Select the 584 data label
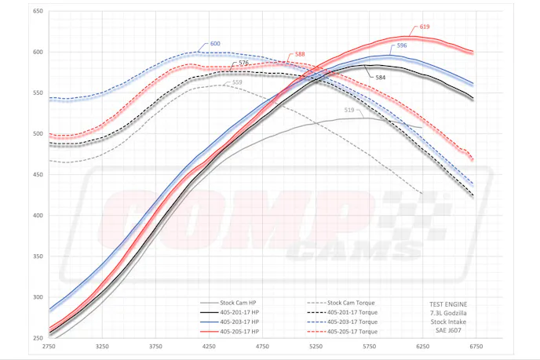pos(380,78)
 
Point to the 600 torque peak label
pos(215,44)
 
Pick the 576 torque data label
pos(243,63)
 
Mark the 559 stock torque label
pos(236,82)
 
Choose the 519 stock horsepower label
pos(348,111)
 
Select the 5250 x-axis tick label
pos(316,345)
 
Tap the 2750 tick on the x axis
pos(49,345)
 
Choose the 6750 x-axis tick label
pos(476,345)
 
